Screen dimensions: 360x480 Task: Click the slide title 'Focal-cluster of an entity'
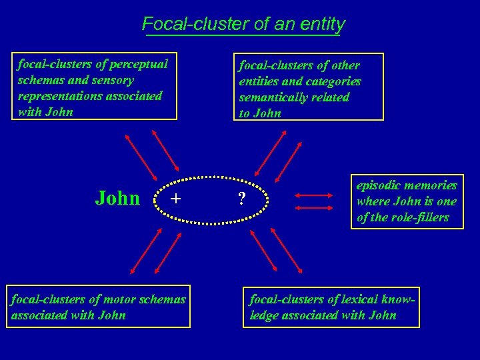point(243,25)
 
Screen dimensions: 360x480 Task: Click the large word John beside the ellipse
point(117,198)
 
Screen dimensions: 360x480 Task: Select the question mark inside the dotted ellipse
point(242,199)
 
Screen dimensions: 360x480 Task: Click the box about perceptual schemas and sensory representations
point(95,87)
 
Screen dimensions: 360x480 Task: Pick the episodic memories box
point(407,201)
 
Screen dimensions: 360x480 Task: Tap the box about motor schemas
point(99,307)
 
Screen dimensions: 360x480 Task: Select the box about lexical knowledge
point(331,307)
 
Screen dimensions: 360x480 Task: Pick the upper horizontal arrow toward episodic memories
point(313,195)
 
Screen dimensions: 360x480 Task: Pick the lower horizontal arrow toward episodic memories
point(313,208)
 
